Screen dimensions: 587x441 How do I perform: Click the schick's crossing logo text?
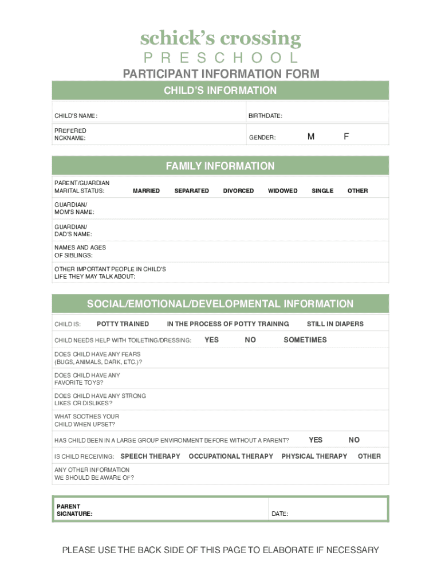pyautogui.click(x=220, y=38)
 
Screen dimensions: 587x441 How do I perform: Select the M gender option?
pyautogui.click(x=310, y=136)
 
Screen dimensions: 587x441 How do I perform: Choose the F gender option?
pyautogui.click(x=346, y=136)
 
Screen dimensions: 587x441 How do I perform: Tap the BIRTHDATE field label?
pyautogui.click(x=265, y=116)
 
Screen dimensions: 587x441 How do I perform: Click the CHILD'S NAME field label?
pyautogui.click(x=76, y=116)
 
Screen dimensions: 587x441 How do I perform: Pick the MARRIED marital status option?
pyautogui.click(x=146, y=191)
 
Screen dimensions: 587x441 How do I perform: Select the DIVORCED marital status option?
pyautogui.click(x=238, y=191)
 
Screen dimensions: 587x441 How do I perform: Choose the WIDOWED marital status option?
pyautogui.click(x=282, y=191)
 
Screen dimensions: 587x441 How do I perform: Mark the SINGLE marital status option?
pyautogui.click(x=322, y=191)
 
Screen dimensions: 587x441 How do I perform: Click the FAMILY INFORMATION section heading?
pyautogui.click(x=220, y=166)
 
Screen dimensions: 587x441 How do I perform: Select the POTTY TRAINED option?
pyautogui.click(x=123, y=324)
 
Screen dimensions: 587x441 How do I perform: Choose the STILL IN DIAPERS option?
pyautogui.click(x=335, y=324)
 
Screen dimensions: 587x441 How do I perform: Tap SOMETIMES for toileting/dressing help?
pyautogui.click(x=305, y=340)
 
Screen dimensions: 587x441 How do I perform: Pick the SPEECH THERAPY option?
pyautogui.click(x=150, y=456)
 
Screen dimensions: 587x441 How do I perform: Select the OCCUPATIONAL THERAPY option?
pyautogui.click(x=231, y=456)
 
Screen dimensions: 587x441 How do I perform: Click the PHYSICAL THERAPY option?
pyautogui.click(x=314, y=456)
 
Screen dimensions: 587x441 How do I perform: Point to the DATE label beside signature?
pyautogui.click(x=279, y=514)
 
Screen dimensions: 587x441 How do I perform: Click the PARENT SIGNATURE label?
pyautogui.click(x=74, y=510)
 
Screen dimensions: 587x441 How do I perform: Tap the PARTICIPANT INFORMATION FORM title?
pyautogui.click(x=220, y=74)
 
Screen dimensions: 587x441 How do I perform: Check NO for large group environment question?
pyautogui.click(x=354, y=440)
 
